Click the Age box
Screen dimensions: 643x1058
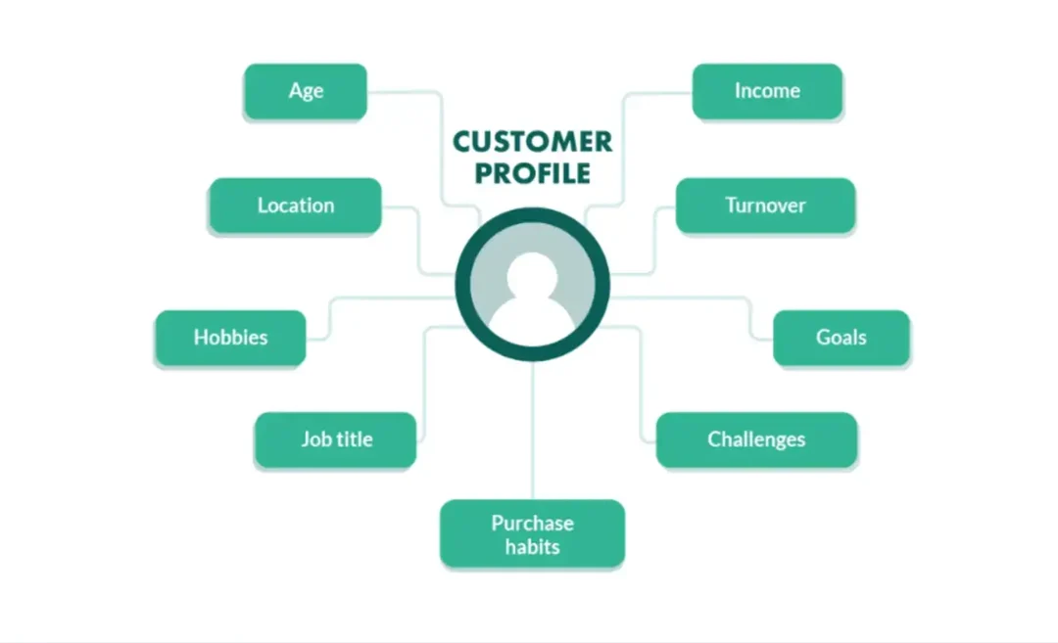306,91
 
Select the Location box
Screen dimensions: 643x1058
295,206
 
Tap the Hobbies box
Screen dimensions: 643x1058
230,338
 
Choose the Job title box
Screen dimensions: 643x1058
336,439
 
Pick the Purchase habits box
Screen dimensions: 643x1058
532,533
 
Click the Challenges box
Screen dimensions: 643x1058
756,439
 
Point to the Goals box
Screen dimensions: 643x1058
842,338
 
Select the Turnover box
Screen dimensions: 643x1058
765,206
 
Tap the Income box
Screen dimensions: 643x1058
767,91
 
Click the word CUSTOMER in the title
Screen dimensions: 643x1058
533,142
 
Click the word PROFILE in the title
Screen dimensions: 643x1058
534,173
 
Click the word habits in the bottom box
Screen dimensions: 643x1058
532,546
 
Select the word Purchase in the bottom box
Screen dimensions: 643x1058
532,523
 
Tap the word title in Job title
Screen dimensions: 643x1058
355,439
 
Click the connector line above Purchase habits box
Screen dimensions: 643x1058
533,431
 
